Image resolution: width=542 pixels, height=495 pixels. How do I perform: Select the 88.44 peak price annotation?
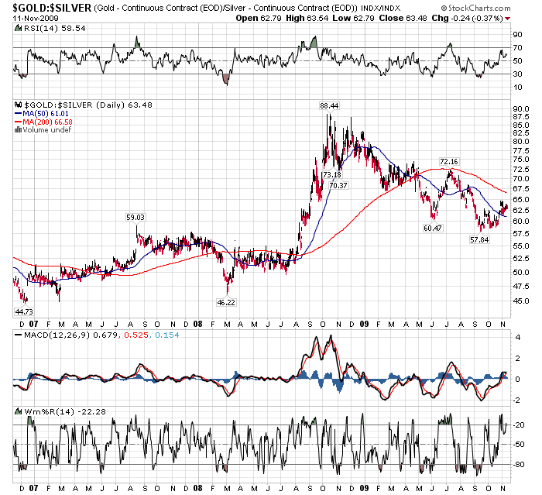click(x=329, y=105)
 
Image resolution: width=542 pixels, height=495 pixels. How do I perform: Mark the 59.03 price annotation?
click(x=136, y=218)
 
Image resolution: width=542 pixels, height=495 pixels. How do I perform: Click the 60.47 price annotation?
click(x=433, y=228)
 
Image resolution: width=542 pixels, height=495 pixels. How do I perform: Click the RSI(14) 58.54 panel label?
click(x=39, y=28)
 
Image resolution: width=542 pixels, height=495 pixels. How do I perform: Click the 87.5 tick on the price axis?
click(x=521, y=117)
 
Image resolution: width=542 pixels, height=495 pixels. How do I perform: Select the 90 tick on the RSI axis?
click(x=517, y=35)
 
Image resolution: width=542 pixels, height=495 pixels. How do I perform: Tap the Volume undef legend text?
click(x=48, y=130)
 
